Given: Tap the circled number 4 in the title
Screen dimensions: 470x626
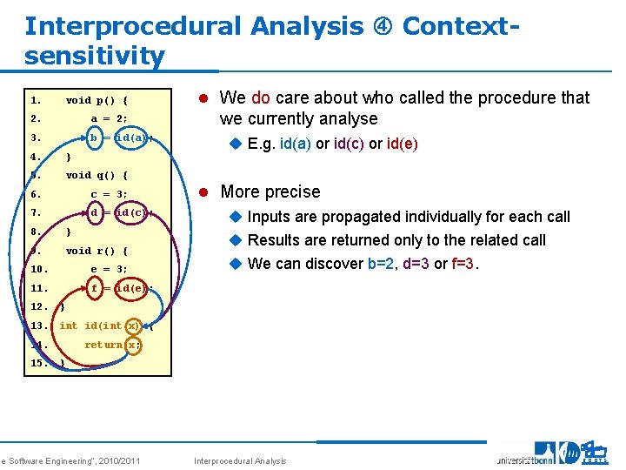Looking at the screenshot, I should pos(383,26).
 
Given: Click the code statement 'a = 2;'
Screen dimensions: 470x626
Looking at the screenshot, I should pos(110,119).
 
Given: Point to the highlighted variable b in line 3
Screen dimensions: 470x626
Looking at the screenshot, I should pos(94,138).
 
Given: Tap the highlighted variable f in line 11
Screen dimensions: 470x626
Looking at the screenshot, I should pos(94,288).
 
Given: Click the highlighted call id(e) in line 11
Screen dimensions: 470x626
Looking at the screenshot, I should pos(131,288).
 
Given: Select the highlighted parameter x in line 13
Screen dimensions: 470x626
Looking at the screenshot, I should pos(132,326).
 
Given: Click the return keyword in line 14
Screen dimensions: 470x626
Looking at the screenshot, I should pos(103,345).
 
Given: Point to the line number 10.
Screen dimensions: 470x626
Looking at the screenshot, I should pos(38,269).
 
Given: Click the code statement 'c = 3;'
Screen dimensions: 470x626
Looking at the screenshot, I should pos(110,194).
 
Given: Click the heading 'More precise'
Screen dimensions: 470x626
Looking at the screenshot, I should pos(270,191).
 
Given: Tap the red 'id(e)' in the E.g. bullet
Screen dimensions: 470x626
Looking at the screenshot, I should pos(400,144).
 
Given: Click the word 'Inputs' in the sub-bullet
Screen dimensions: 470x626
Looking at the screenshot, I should pos(270,216).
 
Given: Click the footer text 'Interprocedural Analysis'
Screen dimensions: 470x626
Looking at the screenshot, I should pos(240,460).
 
